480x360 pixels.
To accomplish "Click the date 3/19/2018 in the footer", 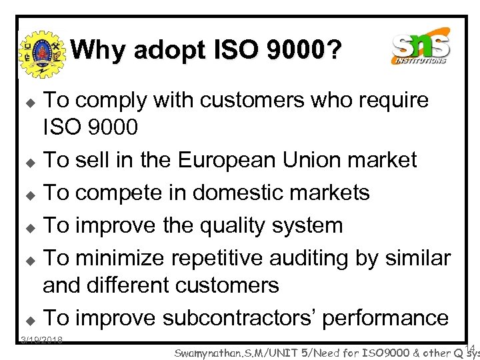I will (41, 340).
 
